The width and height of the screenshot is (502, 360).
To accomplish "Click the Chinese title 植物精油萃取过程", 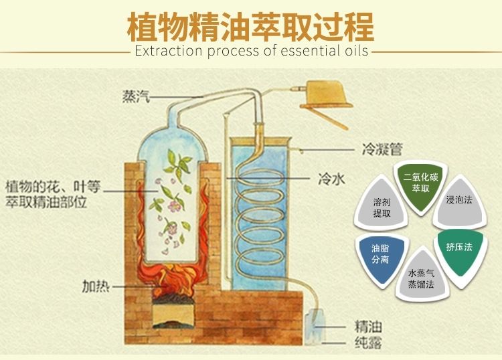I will (x=250, y=25).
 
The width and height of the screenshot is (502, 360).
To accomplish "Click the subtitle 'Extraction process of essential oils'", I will (x=251, y=52).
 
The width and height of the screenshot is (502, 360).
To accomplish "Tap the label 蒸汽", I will (x=135, y=96).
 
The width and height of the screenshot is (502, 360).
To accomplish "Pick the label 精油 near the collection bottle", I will (x=367, y=328).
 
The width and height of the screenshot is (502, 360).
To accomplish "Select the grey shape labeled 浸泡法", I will (x=460, y=201).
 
